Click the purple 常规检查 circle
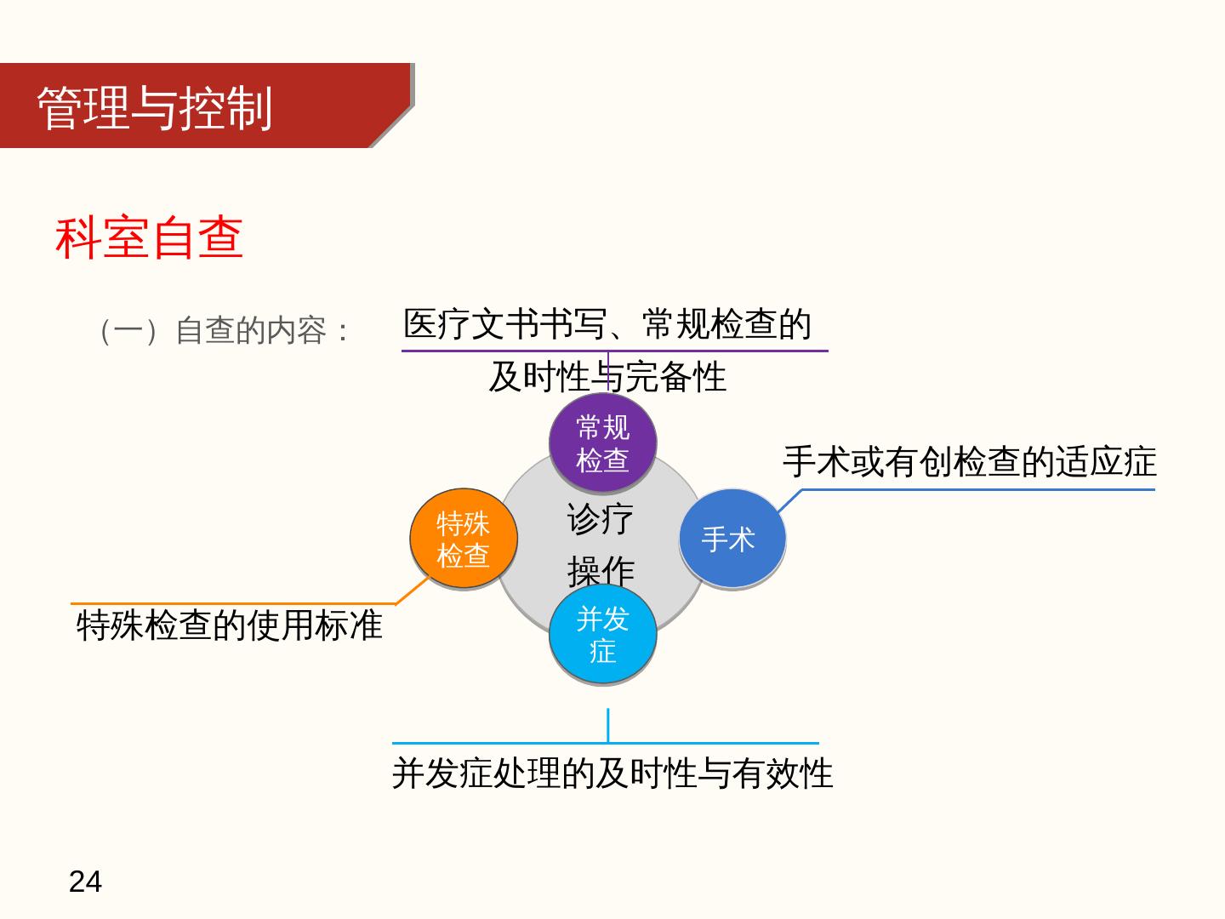tap(602, 442)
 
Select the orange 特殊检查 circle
tap(463, 539)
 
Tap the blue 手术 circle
tap(731, 539)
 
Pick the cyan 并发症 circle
tap(602, 634)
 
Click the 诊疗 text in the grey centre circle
tap(601, 519)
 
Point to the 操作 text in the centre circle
tap(601, 570)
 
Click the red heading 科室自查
tap(150, 237)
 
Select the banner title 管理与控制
tap(155, 108)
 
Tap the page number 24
tap(85, 882)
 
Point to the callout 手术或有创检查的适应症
tap(970, 462)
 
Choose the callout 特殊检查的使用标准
tap(230, 625)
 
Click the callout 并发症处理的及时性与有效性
tap(612, 773)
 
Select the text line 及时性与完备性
tap(607, 377)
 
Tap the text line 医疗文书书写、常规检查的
tap(607, 324)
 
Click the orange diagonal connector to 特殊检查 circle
tap(412, 591)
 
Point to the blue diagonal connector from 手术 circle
tap(789, 500)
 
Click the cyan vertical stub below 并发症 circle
tap(607, 725)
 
